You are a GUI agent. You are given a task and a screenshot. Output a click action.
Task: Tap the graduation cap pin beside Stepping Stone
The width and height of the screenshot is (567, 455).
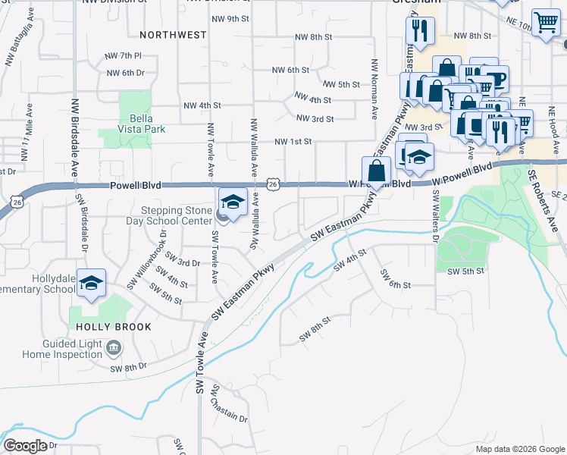[233, 202]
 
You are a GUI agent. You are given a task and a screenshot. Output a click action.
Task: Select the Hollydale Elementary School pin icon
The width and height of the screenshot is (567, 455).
[92, 284]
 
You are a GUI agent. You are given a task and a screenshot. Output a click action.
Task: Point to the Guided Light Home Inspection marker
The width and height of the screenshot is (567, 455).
[114, 349]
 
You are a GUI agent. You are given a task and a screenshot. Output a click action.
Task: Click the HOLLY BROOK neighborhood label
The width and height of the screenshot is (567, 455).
[114, 327]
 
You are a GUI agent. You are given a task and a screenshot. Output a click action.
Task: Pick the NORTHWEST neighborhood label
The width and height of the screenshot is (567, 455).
[173, 35]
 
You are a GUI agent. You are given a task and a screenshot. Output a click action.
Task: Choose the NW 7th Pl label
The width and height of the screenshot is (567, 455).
[125, 56]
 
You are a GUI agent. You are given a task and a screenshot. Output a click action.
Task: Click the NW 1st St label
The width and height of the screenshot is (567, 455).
[293, 142]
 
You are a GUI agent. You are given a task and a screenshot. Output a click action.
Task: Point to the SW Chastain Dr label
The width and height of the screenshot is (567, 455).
[229, 403]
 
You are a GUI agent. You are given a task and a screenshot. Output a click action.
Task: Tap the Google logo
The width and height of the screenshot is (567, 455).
[25, 446]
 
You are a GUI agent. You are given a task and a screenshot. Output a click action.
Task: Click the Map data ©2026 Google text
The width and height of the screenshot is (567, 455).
[519, 449]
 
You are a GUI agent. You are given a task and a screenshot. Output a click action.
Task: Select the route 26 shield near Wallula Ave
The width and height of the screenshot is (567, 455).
[274, 184]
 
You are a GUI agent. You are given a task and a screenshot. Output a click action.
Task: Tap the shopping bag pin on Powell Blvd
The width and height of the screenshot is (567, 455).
[376, 171]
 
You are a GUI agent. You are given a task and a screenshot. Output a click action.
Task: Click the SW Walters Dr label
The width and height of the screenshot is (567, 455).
[436, 215]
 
